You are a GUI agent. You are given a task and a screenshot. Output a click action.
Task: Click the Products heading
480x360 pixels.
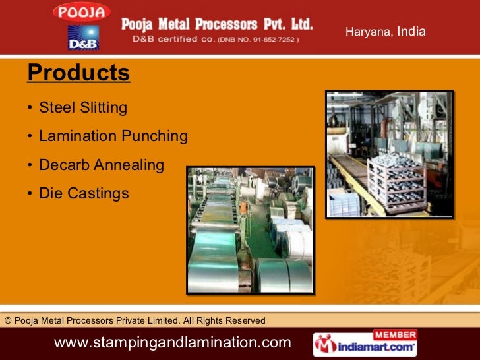click(x=78, y=73)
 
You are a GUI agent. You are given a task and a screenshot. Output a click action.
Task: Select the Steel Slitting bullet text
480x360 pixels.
click(x=83, y=107)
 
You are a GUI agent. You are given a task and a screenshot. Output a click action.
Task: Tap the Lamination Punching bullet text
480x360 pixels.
click(x=113, y=136)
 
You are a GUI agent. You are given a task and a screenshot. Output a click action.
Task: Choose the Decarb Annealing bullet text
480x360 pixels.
click(x=102, y=165)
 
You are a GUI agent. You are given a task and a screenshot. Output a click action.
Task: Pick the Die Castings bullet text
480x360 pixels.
click(x=84, y=194)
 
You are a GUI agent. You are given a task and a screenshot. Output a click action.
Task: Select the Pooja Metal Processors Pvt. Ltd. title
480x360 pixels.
click(x=217, y=25)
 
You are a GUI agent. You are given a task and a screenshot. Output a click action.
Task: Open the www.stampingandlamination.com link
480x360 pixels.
click(x=172, y=343)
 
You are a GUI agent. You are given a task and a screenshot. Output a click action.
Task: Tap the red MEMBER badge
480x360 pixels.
click(x=395, y=334)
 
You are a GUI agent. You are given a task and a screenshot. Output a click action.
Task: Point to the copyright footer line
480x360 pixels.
click(x=135, y=320)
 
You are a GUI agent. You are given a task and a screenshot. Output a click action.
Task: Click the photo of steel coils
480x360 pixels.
click(x=250, y=230)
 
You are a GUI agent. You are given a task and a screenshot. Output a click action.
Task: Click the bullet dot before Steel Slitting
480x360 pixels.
click(x=30, y=108)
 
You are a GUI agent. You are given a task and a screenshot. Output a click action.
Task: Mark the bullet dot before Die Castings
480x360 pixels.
click(x=30, y=195)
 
